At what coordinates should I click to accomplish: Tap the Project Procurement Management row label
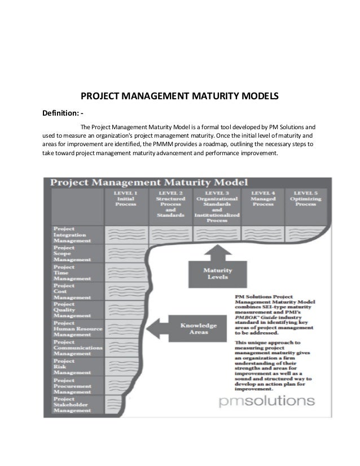coord(73,386)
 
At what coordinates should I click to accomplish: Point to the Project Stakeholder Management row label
coord(73,406)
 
